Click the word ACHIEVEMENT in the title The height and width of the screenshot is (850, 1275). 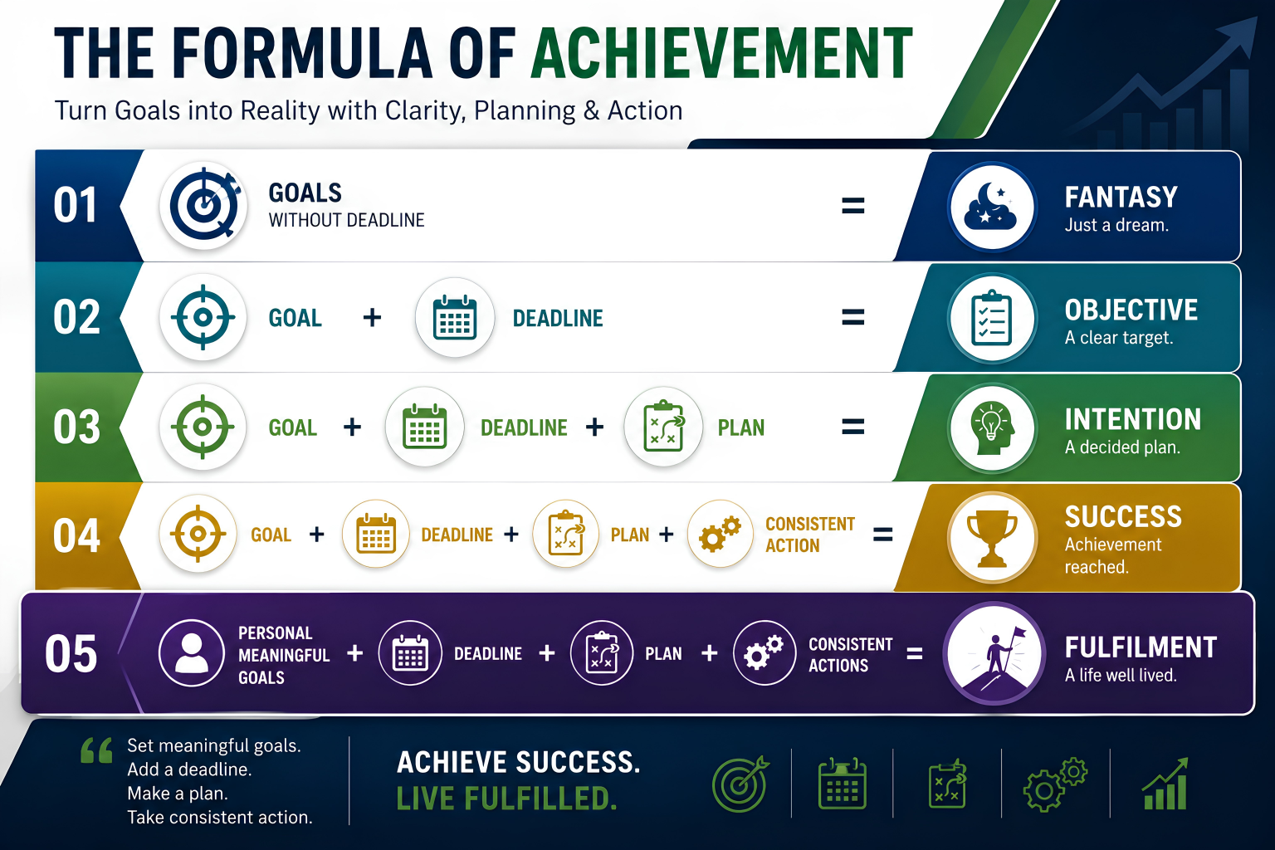coord(721,52)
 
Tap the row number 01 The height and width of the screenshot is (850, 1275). coord(76,205)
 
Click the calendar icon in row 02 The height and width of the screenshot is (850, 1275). coord(454,317)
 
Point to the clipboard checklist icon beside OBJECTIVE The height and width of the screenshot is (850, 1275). coord(992,318)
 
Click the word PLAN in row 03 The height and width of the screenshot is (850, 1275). coord(741,427)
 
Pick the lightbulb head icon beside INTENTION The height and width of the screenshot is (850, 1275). coord(992,427)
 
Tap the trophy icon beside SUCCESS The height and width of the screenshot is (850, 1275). coord(992,537)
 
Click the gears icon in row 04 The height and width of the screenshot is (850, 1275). coord(720,534)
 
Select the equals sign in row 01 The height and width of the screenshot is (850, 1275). coord(852,205)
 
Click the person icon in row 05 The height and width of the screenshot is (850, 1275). coord(191,652)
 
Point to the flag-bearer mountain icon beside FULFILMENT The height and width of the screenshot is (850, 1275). coord(994,653)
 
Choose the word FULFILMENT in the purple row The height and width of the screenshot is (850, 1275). coord(1141,647)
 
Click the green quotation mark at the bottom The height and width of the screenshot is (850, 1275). coord(96,750)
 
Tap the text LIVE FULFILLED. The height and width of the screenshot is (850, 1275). coord(506,799)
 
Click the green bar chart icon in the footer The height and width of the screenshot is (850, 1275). coord(1165,784)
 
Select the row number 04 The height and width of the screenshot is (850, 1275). coord(76,535)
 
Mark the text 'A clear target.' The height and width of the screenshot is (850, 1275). coord(1119,338)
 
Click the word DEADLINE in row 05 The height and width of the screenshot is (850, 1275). coord(488,653)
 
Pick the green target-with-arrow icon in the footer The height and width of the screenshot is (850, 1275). coord(740,784)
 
